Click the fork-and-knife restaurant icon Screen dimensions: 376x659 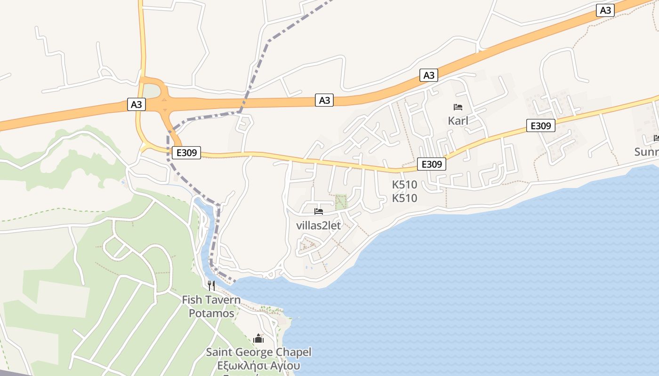(211, 285)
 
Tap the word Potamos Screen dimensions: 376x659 (211, 313)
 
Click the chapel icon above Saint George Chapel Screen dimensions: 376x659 (258, 338)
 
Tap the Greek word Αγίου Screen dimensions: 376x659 (285, 366)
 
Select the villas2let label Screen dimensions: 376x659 (318, 225)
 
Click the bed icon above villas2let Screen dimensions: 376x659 (319, 211)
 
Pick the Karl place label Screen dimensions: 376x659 (458, 121)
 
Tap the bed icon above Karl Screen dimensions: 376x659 (458, 107)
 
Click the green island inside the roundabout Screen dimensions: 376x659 (151, 91)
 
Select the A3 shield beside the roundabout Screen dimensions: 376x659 (136, 104)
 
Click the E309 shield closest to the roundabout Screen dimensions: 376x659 (186, 152)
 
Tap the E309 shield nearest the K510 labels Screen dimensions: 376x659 (431, 164)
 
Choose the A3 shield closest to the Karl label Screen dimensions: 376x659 (428, 75)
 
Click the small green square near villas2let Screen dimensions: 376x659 (340, 202)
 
